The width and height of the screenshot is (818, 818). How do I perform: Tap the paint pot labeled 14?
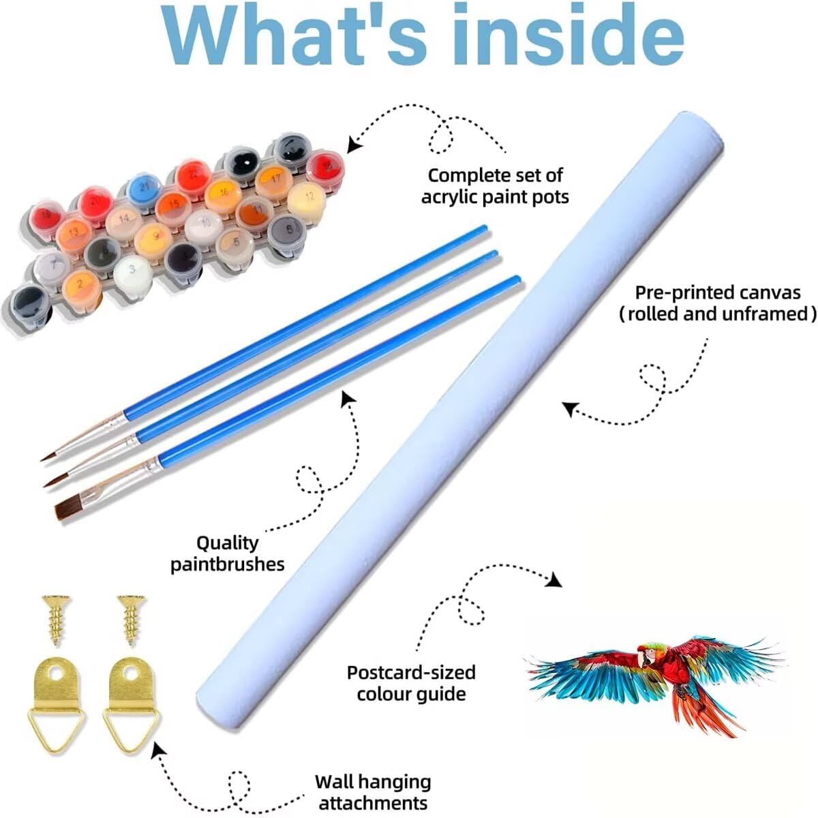(123, 218)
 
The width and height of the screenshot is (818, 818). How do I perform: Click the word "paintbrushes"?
(228, 564)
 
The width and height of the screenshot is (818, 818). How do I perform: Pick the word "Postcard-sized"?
(411, 672)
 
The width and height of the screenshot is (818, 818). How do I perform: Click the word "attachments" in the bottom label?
(373, 803)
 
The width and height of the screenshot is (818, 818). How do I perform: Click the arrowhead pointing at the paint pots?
(353, 144)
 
